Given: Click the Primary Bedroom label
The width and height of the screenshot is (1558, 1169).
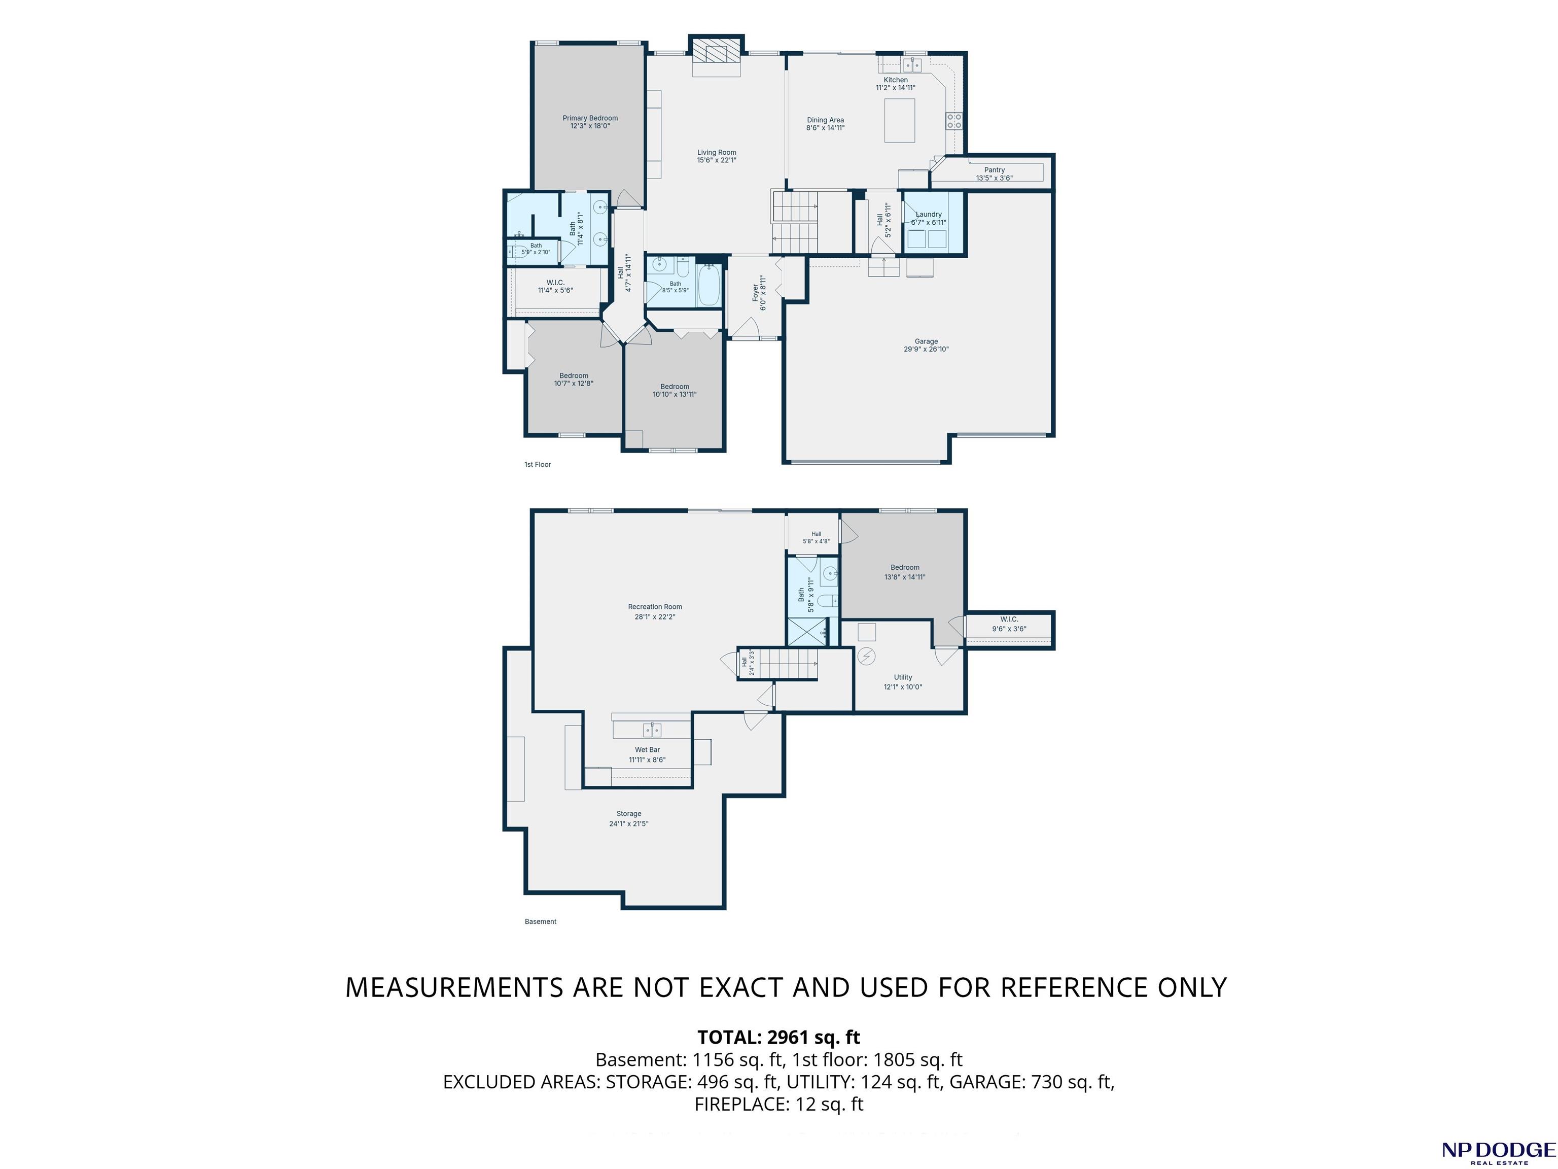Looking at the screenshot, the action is [590, 118].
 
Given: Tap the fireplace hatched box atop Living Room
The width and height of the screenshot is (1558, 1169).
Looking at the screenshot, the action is [716, 51].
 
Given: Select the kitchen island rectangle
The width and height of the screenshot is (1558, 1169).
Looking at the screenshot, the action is [899, 120].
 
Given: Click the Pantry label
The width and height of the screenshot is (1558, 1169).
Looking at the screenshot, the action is [995, 170].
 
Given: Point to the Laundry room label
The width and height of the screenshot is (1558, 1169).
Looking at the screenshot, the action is [928, 214].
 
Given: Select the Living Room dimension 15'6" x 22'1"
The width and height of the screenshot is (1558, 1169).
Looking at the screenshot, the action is [717, 160].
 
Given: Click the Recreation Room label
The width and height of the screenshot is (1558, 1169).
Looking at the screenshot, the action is [655, 607].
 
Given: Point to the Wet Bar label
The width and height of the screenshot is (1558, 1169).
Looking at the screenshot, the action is [647, 750].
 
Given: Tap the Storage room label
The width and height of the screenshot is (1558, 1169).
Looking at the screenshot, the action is [629, 814].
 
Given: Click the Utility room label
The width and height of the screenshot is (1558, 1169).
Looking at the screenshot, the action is [903, 677].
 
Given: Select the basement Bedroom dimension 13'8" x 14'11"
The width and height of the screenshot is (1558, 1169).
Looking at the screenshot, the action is [905, 577].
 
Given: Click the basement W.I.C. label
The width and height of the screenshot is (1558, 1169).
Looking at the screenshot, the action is [1009, 620].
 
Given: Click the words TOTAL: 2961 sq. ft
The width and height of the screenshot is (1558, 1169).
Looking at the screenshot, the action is [779, 1037].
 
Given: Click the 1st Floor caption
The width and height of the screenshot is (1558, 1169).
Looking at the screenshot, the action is [538, 464].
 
